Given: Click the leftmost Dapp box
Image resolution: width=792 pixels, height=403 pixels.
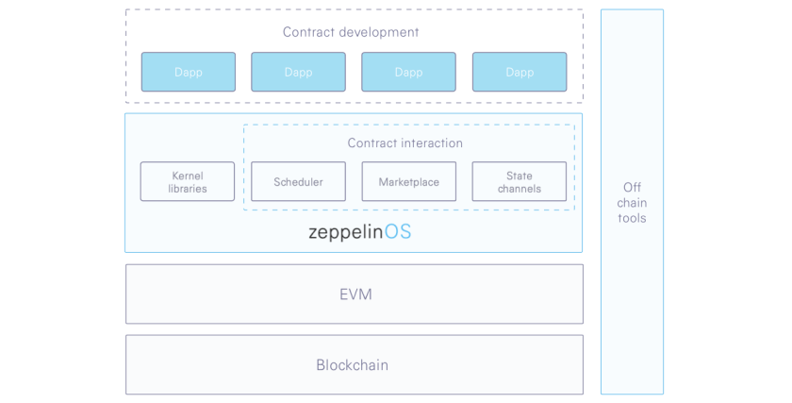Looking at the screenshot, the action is click(189, 72).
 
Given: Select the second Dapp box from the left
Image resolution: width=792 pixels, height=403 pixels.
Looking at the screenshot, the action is click(299, 72).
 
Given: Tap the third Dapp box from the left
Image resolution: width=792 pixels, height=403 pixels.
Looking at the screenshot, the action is click(408, 72).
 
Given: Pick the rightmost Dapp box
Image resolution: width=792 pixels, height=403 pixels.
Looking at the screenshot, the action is click(520, 72).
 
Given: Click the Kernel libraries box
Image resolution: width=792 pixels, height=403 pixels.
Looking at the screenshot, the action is click(188, 181).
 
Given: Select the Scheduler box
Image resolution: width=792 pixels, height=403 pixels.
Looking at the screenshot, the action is click(299, 181).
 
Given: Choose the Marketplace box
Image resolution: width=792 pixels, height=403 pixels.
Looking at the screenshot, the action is click(408, 181).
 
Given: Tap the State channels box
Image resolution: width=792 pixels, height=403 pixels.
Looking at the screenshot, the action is click(520, 181).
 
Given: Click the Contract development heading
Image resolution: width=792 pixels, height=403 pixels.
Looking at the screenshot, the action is click(351, 32).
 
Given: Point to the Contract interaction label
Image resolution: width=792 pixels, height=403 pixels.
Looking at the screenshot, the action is click(405, 143).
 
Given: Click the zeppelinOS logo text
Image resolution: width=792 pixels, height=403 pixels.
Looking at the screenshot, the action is click(359, 232).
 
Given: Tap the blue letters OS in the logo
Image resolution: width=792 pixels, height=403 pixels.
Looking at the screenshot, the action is click(398, 231).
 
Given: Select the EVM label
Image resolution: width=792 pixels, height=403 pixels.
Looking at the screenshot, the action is click(355, 294).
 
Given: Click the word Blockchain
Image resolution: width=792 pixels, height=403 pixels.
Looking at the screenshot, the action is click(352, 365).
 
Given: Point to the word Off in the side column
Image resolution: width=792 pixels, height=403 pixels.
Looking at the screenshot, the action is click(632, 187).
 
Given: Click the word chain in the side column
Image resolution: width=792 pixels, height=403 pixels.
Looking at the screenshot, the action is click(632, 203).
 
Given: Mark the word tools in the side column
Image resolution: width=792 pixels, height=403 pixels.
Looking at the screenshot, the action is click(632, 218).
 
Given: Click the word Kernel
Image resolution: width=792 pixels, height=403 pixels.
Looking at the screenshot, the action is click(188, 176).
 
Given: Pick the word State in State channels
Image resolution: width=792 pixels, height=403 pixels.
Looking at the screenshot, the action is click(520, 176).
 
